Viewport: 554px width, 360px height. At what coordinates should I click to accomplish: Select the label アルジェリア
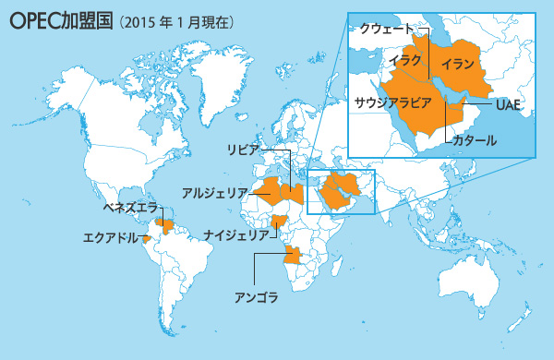(x=215, y=193)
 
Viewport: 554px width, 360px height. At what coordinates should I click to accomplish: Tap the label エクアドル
(x=110, y=237)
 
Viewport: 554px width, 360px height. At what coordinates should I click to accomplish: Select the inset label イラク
(x=406, y=60)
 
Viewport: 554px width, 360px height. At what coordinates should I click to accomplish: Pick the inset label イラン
(x=458, y=65)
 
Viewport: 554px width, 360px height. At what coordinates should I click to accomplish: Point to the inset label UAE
(x=509, y=104)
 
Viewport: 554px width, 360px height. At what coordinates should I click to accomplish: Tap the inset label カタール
(x=476, y=141)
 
